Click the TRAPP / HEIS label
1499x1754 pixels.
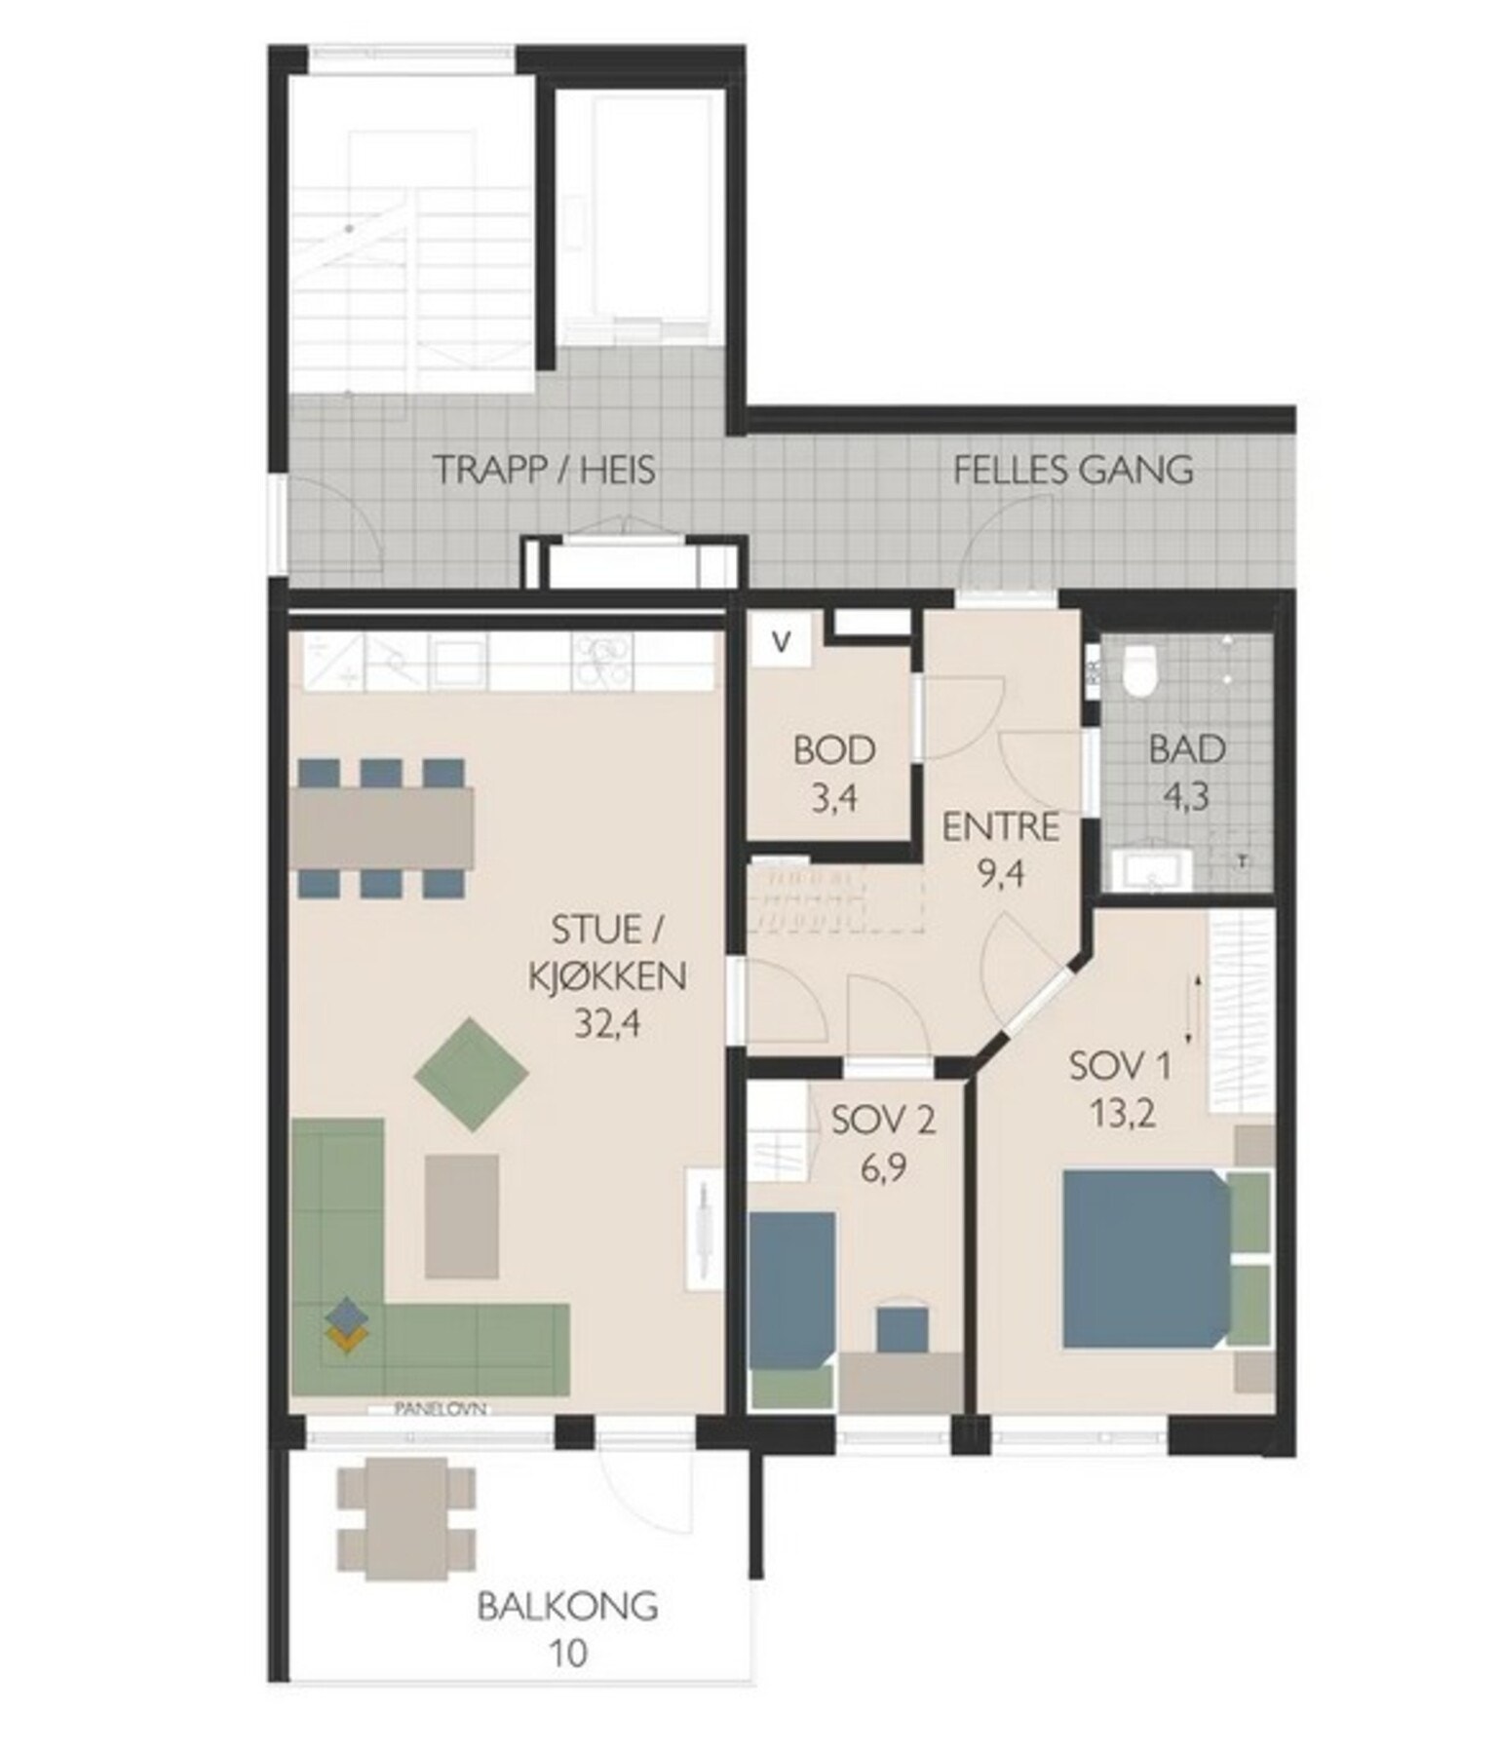click(544, 470)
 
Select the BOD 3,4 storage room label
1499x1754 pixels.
click(834, 775)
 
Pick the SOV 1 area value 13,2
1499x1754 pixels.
click(1123, 1113)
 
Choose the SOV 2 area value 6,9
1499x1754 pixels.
click(884, 1166)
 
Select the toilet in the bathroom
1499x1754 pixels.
click(1137, 670)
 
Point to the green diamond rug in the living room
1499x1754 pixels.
click(472, 1075)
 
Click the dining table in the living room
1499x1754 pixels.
click(381, 827)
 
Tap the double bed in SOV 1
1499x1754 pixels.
click(1146, 1259)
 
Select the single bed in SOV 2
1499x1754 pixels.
click(791, 1290)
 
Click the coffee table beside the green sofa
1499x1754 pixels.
click(462, 1215)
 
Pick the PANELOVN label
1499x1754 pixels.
click(441, 1408)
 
